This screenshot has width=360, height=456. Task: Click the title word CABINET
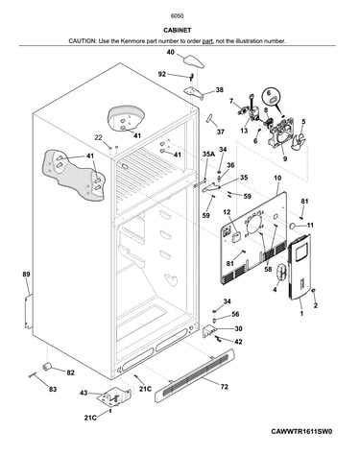pos(178,30)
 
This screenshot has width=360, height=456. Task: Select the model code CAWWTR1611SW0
pos(301,431)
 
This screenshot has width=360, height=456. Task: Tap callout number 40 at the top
pos(171,52)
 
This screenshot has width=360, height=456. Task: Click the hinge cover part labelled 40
pos(194,60)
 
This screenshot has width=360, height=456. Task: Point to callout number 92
pos(162,74)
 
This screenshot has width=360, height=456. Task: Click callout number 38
pos(219,90)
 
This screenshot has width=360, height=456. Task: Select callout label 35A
pos(208,155)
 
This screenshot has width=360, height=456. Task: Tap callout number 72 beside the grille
pos(225,387)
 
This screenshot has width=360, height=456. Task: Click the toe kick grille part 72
pos(195,375)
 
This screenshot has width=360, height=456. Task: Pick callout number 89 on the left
pos(26,274)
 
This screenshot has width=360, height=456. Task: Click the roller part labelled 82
pos(47,367)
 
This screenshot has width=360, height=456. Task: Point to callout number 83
pos(53,389)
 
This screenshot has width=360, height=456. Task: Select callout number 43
pos(84,393)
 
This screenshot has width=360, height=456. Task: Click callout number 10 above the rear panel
pos(277,178)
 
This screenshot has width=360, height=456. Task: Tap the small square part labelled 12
pos(236,238)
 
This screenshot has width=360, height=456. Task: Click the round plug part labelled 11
pos(293,227)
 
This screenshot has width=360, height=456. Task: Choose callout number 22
pos(98,137)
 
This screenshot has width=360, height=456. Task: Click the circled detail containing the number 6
pos(272,97)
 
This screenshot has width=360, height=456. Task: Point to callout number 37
pos(220,132)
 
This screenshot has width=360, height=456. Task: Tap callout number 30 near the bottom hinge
pos(238,328)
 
